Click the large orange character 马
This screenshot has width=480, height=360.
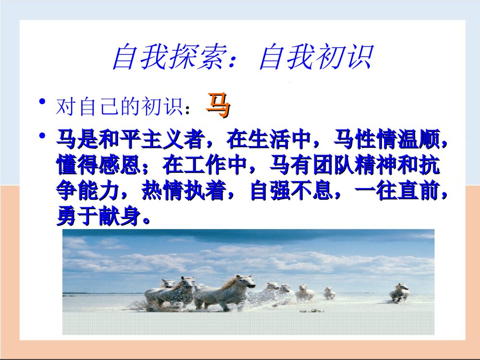(x=218, y=106)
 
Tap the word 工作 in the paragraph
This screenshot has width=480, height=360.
(x=205, y=165)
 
